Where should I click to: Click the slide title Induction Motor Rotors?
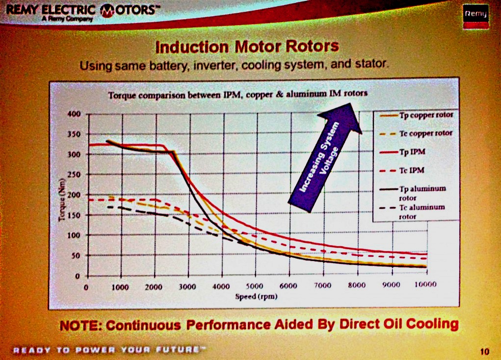point(247,47)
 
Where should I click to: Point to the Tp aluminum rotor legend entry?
point(418,193)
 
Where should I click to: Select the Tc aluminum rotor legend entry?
point(418,211)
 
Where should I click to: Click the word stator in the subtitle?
point(373,64)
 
